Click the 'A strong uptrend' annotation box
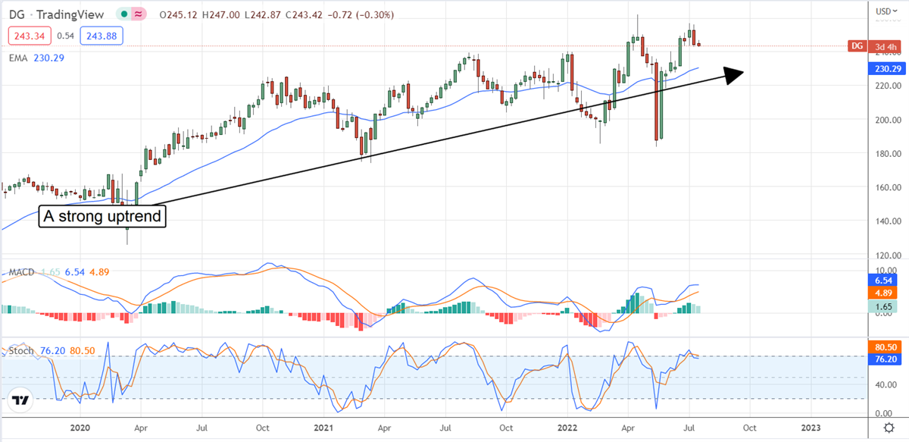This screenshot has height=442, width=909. (x=102, y=216)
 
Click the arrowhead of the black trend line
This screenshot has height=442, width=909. (x=733, y=74)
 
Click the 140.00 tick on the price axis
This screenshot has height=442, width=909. (x=883, y=221)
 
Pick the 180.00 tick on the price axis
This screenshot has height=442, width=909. (x=883, y=154)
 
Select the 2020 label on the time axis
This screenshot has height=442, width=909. (x=80, y=428)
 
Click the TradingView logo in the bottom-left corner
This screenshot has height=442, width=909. (x=20, y=400)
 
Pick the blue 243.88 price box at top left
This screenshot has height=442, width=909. (x=104, y=35)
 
